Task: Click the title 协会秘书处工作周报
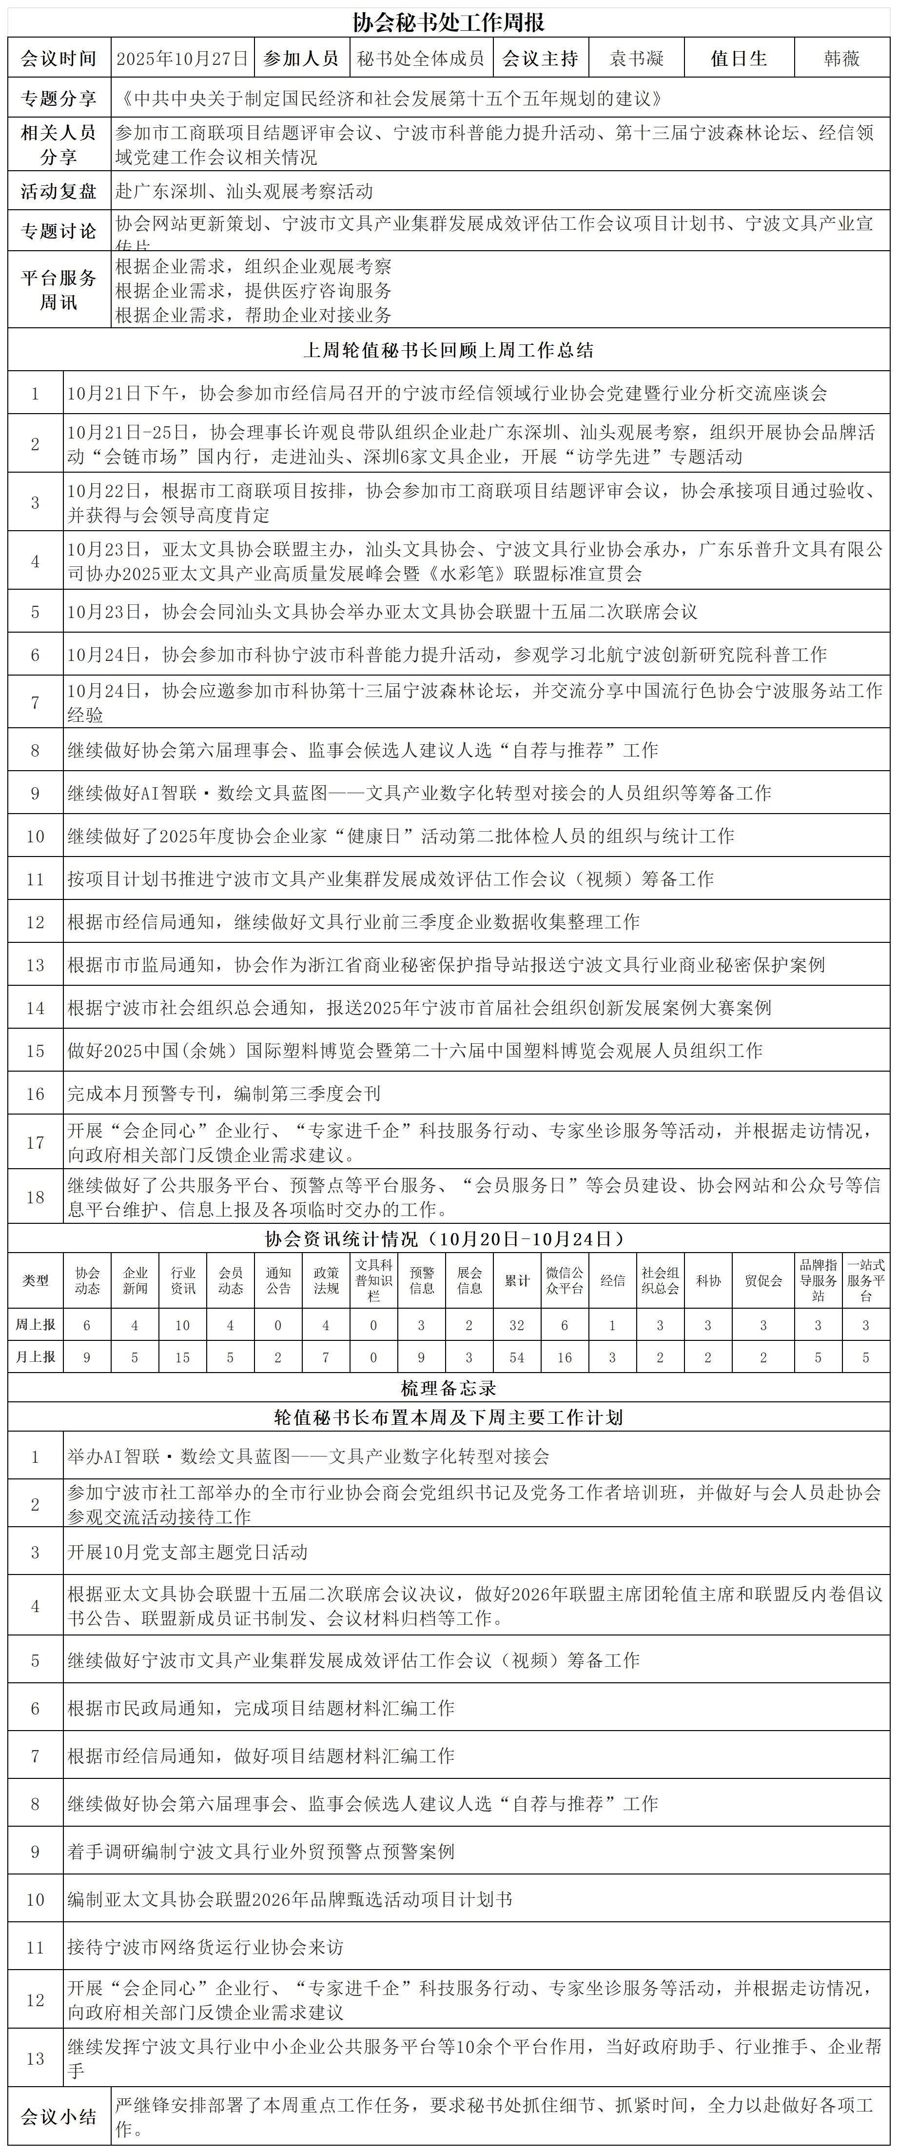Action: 449,22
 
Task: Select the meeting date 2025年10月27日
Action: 182,59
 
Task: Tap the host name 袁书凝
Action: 637,59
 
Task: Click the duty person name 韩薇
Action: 841,59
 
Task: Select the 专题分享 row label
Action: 59,99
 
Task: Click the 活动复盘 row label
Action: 59,191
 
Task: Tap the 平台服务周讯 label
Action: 59,290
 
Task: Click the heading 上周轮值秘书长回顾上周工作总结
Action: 449,350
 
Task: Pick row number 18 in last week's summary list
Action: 35,1197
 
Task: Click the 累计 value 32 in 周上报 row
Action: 517,1325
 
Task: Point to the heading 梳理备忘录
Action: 449,1388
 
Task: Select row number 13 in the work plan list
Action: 35,2058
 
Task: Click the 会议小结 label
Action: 59,2116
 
